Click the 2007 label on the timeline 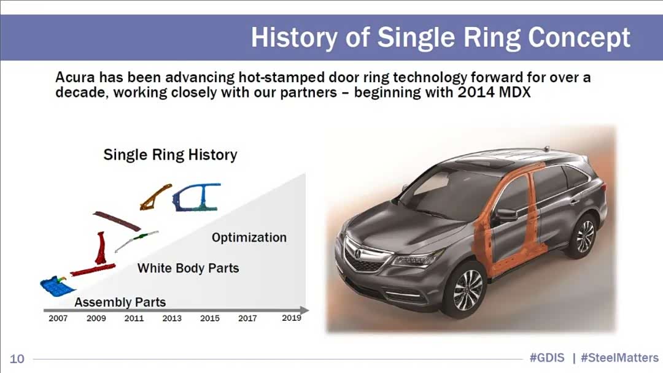(58, 318)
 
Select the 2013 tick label (172, 318)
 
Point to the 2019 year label (292, 318)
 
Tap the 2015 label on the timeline (210, 318)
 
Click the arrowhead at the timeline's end (304, 310)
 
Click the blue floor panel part (56, 286)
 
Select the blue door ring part (196, 197)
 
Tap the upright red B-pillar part (100, 247)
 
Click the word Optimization (249, 237)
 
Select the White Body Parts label (188, 268)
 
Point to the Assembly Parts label (120, 302)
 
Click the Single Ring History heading (171, 155)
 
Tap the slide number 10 (17, 359)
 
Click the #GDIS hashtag (547, 358)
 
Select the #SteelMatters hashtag (619, 358)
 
